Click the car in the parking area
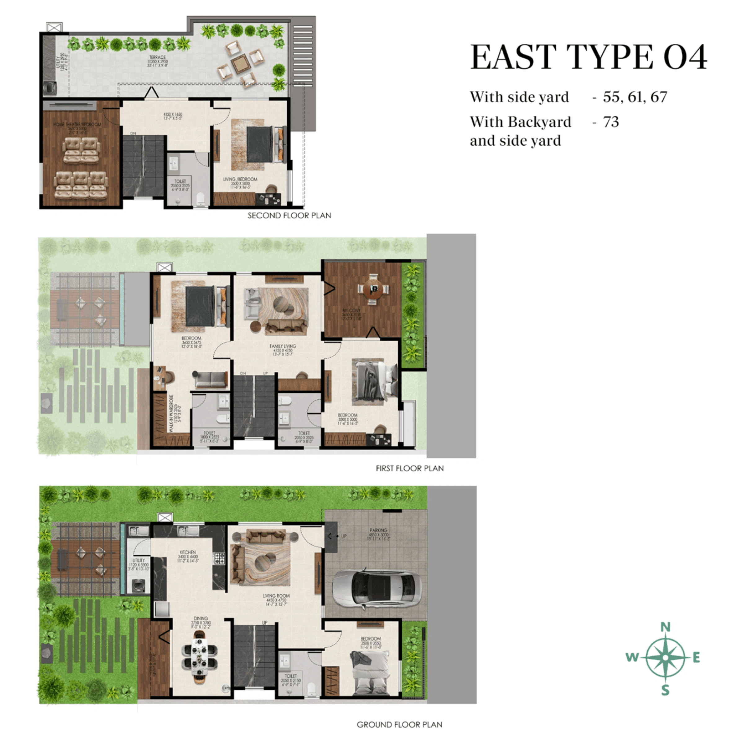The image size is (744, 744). coord(377,588)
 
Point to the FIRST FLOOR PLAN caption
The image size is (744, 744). coord(410,468)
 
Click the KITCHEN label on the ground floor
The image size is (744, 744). coord(188,552)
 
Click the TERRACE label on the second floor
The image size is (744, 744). coord(157,57)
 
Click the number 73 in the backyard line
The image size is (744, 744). coord(611,122)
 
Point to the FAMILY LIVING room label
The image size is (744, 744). coord(283,346)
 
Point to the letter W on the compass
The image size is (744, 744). coord(632,657)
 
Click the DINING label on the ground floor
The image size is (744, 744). coord(201,618)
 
